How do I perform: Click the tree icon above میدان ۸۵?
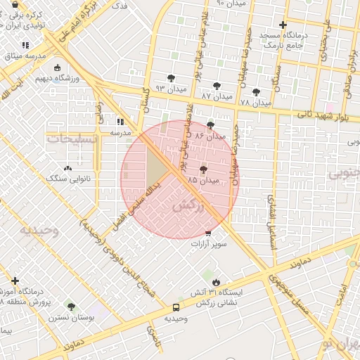coord(203,169)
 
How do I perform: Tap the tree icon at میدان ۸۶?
coord(210,125)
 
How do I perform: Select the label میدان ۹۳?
coord(170,89)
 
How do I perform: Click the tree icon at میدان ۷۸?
coord(255,91)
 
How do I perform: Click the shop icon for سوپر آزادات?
coord(207,233)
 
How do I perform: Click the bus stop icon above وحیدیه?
coord(176,307)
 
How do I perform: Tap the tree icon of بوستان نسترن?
coord(71,307)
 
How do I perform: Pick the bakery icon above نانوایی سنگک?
coord(67,169)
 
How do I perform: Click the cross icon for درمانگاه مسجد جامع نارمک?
coord(282,25)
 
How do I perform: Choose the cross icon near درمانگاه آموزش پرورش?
coord(15,281)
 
